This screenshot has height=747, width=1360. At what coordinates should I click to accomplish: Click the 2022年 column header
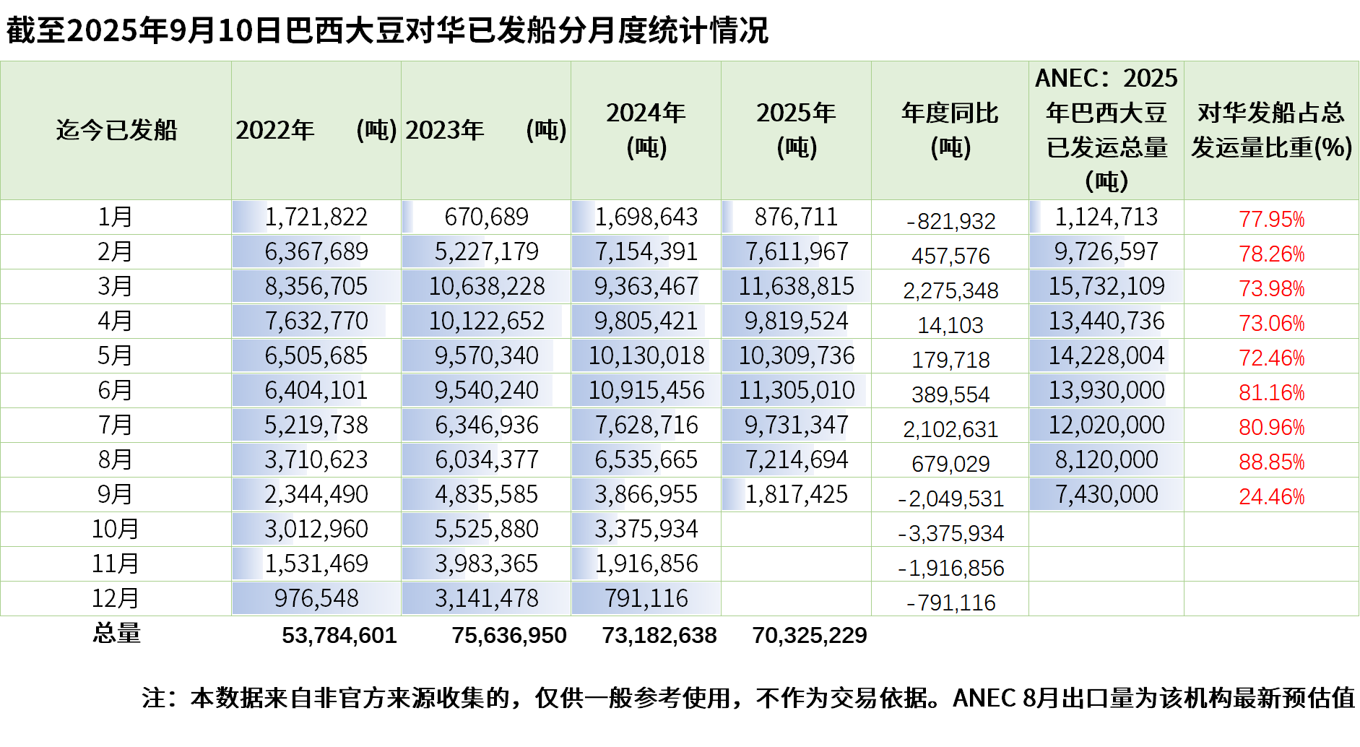coord(316,130)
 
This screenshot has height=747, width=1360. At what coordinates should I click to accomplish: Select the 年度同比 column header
coord(950,130)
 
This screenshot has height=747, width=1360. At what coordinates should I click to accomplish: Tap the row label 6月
coord(116,390)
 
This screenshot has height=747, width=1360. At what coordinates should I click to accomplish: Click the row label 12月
coord(116,598)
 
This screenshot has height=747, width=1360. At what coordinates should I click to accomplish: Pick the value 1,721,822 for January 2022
coord(316,217)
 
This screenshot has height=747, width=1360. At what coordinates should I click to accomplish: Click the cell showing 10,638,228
coord(487,286)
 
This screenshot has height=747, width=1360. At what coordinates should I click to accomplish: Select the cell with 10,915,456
coord(646,390)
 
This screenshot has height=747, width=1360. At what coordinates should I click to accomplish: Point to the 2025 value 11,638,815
coord(797,286)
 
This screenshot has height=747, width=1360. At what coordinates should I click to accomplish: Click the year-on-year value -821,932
coord(950,221)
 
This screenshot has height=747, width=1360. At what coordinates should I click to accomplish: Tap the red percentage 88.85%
coord(1272,462)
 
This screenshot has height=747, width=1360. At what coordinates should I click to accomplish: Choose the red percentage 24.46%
coord(1272,496)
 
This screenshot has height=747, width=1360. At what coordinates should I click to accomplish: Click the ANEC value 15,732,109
coord(1106,286)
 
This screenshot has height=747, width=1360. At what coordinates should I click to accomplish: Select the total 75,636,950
coord(509,635)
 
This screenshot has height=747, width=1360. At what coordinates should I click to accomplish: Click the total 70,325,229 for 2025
coord(810,635)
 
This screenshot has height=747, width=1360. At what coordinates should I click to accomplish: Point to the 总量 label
coord(116,633)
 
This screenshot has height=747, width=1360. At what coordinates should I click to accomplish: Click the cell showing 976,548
coord(316,598)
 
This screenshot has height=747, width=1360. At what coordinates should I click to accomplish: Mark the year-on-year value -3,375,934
coord(950,533)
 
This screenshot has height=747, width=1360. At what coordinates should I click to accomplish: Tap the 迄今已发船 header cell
coord(116,130)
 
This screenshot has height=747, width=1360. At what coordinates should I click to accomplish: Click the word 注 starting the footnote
coord(155,698)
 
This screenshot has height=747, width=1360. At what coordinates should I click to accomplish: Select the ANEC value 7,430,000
coord(1106,494)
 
